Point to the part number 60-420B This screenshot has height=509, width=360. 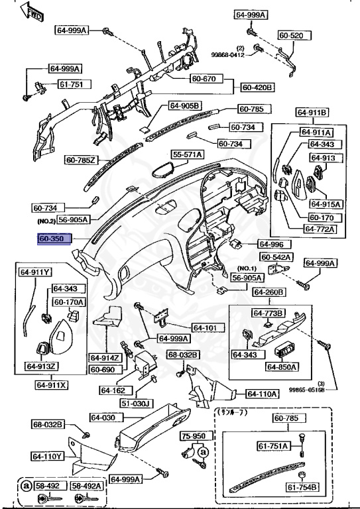pos(257,87)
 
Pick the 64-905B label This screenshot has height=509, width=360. pos(184,105)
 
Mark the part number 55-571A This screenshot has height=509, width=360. pos(188,154)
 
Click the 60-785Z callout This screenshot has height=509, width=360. pos(81,159)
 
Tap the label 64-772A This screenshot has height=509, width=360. pos(320,229)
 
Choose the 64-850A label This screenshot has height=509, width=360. pos(282,367)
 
